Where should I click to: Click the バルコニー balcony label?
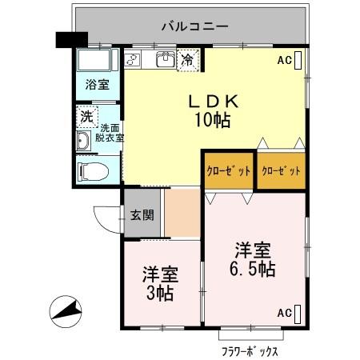click(194, 26)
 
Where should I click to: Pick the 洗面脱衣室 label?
click(111, 133)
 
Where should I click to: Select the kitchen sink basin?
click(166, 60)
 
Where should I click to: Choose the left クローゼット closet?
click(228, 171)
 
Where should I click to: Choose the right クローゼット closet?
click(281, 171)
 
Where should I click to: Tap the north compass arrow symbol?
click(66, 310)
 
